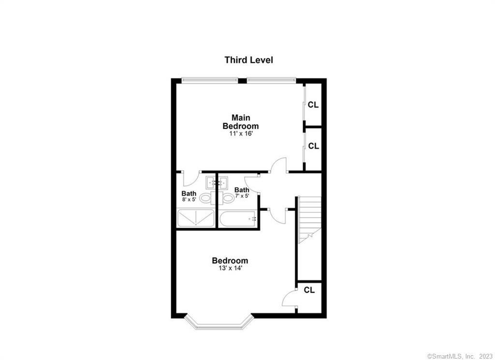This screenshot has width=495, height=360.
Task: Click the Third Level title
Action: coord(248,60)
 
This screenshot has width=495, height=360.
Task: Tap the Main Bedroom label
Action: coord(240,121)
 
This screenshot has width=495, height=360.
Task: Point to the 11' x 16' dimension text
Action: coord(241,134)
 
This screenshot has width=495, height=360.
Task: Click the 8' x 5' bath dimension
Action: coord(189,199)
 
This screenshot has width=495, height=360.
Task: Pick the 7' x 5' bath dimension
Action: coord(242,196)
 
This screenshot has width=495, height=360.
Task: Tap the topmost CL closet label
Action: coord(313,105)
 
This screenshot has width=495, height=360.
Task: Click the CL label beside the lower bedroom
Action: coord(309,290)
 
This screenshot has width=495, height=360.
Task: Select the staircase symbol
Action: coord(309,218)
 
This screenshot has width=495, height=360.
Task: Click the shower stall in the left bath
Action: coord(195,218)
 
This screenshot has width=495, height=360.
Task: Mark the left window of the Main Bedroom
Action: coord(210,80)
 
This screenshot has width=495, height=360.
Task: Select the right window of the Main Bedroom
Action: coord(271,80)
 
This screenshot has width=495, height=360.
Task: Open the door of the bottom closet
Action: coord(289,298)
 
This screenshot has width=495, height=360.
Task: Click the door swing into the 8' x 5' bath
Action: coord(190,179)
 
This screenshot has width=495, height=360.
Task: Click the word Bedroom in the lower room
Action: coord(230,261)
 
